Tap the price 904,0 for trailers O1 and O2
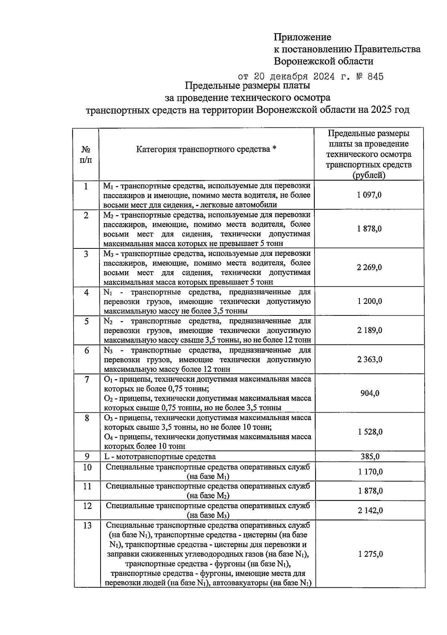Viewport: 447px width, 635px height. (x=370, y=393)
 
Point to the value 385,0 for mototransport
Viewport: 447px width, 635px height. (x=370, y=457)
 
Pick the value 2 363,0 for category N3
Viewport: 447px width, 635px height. (x=369, y=360)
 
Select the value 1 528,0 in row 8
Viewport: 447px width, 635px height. (x=370, y=432)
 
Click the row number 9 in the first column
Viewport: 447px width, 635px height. (x=87, y=456)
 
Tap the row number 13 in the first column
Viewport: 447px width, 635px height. (x=87, y=526)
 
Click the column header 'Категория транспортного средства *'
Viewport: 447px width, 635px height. (x=206, y=150)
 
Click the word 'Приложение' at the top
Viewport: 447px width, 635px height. (x=302, y=37)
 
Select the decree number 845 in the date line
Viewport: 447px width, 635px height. (x=375, y=77)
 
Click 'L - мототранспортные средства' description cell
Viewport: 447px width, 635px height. (x=160, y=457)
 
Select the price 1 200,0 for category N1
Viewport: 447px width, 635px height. (x=369, y=301)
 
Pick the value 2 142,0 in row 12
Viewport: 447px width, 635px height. (x=370, y=511)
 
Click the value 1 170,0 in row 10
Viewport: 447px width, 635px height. (x=370, y=472)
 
